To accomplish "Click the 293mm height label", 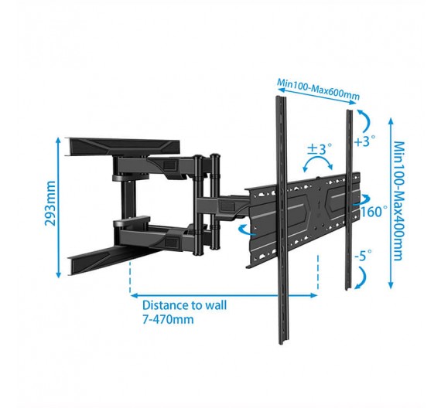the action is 50,203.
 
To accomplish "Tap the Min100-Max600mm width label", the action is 319,90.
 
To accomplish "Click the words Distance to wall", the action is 184,305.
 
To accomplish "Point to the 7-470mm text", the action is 168,319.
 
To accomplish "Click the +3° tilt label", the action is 365,141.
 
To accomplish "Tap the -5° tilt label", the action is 363,256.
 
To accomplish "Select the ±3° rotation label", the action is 320,149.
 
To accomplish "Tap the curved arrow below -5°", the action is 363,277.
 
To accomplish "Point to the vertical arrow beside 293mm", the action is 59,207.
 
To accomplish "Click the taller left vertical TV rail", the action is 282,220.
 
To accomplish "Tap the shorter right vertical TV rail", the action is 349,199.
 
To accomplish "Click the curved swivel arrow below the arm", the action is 246,229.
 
